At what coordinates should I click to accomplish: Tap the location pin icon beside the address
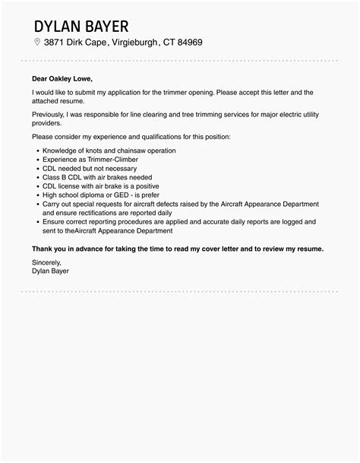(x=37, y=42)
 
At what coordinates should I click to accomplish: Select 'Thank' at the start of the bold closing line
(x=43, y=249)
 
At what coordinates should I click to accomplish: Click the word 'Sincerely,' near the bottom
(x=48, y=262)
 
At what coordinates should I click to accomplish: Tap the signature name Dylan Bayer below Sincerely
(x=54, y=271)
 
